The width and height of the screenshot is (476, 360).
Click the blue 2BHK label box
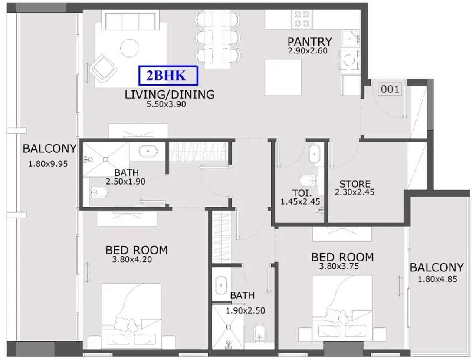tap(168, 75)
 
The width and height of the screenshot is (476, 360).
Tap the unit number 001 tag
tap(390, 89)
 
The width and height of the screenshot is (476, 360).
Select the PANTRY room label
tap(310, 41)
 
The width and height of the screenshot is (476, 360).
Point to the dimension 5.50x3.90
tap(166, 104)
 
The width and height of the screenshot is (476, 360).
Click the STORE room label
tap(355, 184)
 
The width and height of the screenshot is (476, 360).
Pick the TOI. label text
tap(302, 193)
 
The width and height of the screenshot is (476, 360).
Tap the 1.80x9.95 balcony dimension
tap(48, 164)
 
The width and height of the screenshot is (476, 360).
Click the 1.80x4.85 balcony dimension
tap(437, 279)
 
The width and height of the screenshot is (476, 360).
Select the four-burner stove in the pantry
tap(302, 19)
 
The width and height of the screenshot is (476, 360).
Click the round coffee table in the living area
tap(130, 48)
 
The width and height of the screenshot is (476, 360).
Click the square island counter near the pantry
tap(283, 77)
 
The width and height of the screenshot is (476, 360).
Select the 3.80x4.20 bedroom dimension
tap(132, 259)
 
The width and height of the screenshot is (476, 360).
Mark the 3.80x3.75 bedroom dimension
tap(339, 266)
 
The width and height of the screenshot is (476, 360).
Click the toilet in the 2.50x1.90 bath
tap(98, 192)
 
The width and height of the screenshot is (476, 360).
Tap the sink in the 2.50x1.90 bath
tap(148, 151)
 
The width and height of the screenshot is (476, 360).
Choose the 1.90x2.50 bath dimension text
tap(245, 310)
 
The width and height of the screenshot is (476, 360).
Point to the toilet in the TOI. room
tap(308, 181)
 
